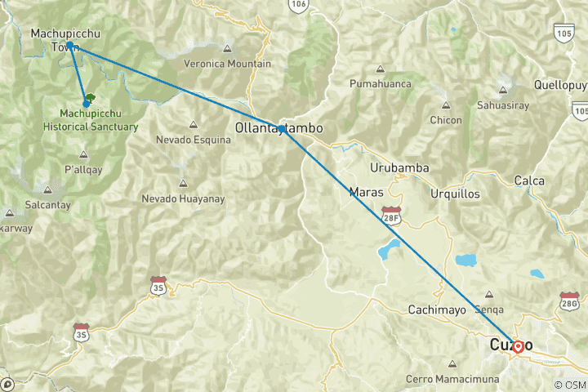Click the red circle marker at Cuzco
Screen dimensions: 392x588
518,346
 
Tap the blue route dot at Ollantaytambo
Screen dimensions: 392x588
281,129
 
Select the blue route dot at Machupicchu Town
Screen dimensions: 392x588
70,45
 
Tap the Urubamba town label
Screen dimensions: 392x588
399,168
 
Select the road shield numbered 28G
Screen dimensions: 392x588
569,300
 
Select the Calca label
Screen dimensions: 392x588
529,180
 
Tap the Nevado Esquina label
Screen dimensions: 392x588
193,140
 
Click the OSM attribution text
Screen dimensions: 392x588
570,385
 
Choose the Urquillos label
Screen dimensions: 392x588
456,194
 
